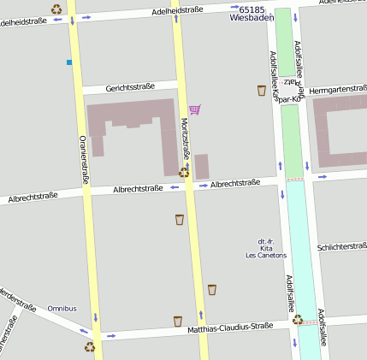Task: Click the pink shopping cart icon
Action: tap(194, 109)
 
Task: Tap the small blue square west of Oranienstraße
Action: tap(68, 62)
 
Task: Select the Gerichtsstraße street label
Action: tap(130, 87)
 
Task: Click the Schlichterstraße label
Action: tap(341, 246)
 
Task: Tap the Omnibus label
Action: tap(62, 308)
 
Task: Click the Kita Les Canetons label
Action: tap(266, 248)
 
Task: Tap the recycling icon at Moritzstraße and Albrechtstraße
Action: tap(184, 172)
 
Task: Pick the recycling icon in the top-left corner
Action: tap(56, 9)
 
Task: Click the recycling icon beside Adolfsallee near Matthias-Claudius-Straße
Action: tap(297, 319)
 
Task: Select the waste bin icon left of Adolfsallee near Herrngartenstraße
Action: tap(261, 90)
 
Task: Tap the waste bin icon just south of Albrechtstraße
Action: tap(179, 220)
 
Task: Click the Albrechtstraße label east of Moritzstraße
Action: tap(235, 183)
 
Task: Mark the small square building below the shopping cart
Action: tap(202, 166)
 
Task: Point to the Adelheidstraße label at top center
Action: tap(177, 10)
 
